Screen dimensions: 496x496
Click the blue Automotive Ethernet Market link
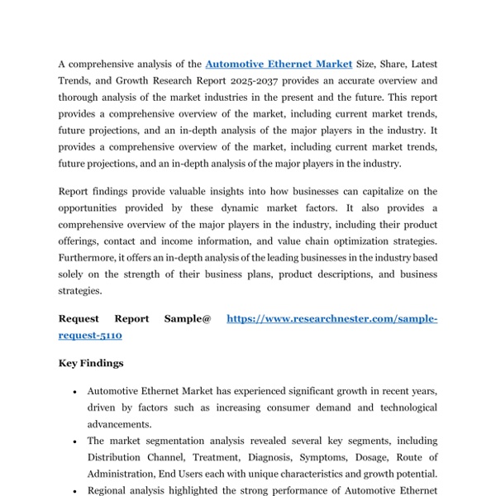(279, 64)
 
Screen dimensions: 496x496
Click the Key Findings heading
(91, 363)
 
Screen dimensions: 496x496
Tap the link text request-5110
(90, 336)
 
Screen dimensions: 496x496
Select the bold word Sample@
(188, 318)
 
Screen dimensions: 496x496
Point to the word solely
(74, 274)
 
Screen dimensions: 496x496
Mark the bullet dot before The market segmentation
(75, 441)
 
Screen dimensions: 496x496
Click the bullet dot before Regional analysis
(75, 491)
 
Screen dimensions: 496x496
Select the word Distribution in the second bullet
(117, 457)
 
